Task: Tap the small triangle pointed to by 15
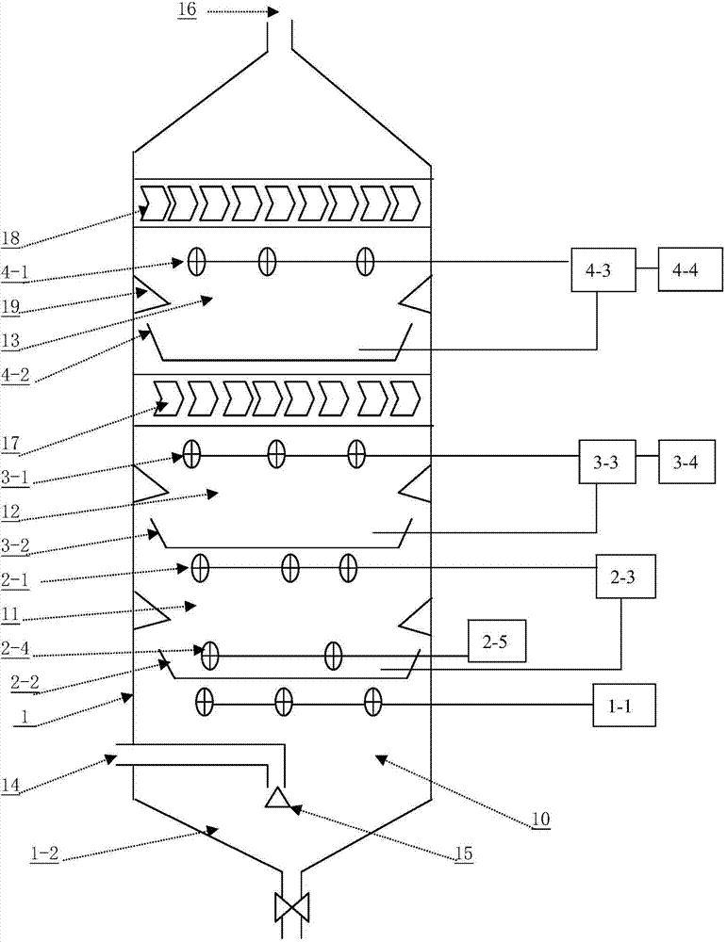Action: tap(276, 799)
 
